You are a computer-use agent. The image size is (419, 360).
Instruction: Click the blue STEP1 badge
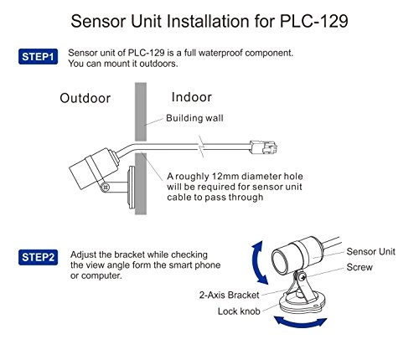[x=38, y=57]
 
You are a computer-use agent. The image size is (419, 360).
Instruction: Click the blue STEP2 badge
[x=38, y=257]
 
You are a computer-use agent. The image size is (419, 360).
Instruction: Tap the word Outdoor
[x=85, y=99]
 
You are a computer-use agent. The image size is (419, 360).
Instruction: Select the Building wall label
[x=198, y=118]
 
